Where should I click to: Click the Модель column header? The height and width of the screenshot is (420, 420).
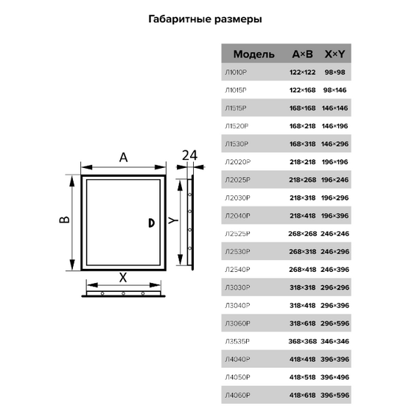(253, 55)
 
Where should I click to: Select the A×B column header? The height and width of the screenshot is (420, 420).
(303, 55)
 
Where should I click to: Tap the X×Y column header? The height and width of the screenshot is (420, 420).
(335, 55)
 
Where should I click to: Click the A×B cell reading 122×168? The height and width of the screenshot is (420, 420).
(302, 90)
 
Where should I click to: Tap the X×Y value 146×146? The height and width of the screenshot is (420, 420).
(335, 108)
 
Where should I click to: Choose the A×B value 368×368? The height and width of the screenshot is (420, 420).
(302, 341)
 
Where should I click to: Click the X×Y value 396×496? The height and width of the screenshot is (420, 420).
(335, 377)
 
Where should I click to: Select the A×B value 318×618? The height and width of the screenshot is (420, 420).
(302, 323)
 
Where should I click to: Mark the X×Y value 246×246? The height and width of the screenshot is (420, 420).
(335, 234)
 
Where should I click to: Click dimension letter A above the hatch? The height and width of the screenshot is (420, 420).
(123, 156)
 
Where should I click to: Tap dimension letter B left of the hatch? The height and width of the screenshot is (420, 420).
(64, 221)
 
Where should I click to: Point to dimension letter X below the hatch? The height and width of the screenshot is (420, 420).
(123, 278)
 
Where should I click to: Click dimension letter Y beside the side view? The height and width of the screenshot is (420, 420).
(171, 220)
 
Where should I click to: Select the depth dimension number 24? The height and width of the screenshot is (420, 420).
(189, 155)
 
